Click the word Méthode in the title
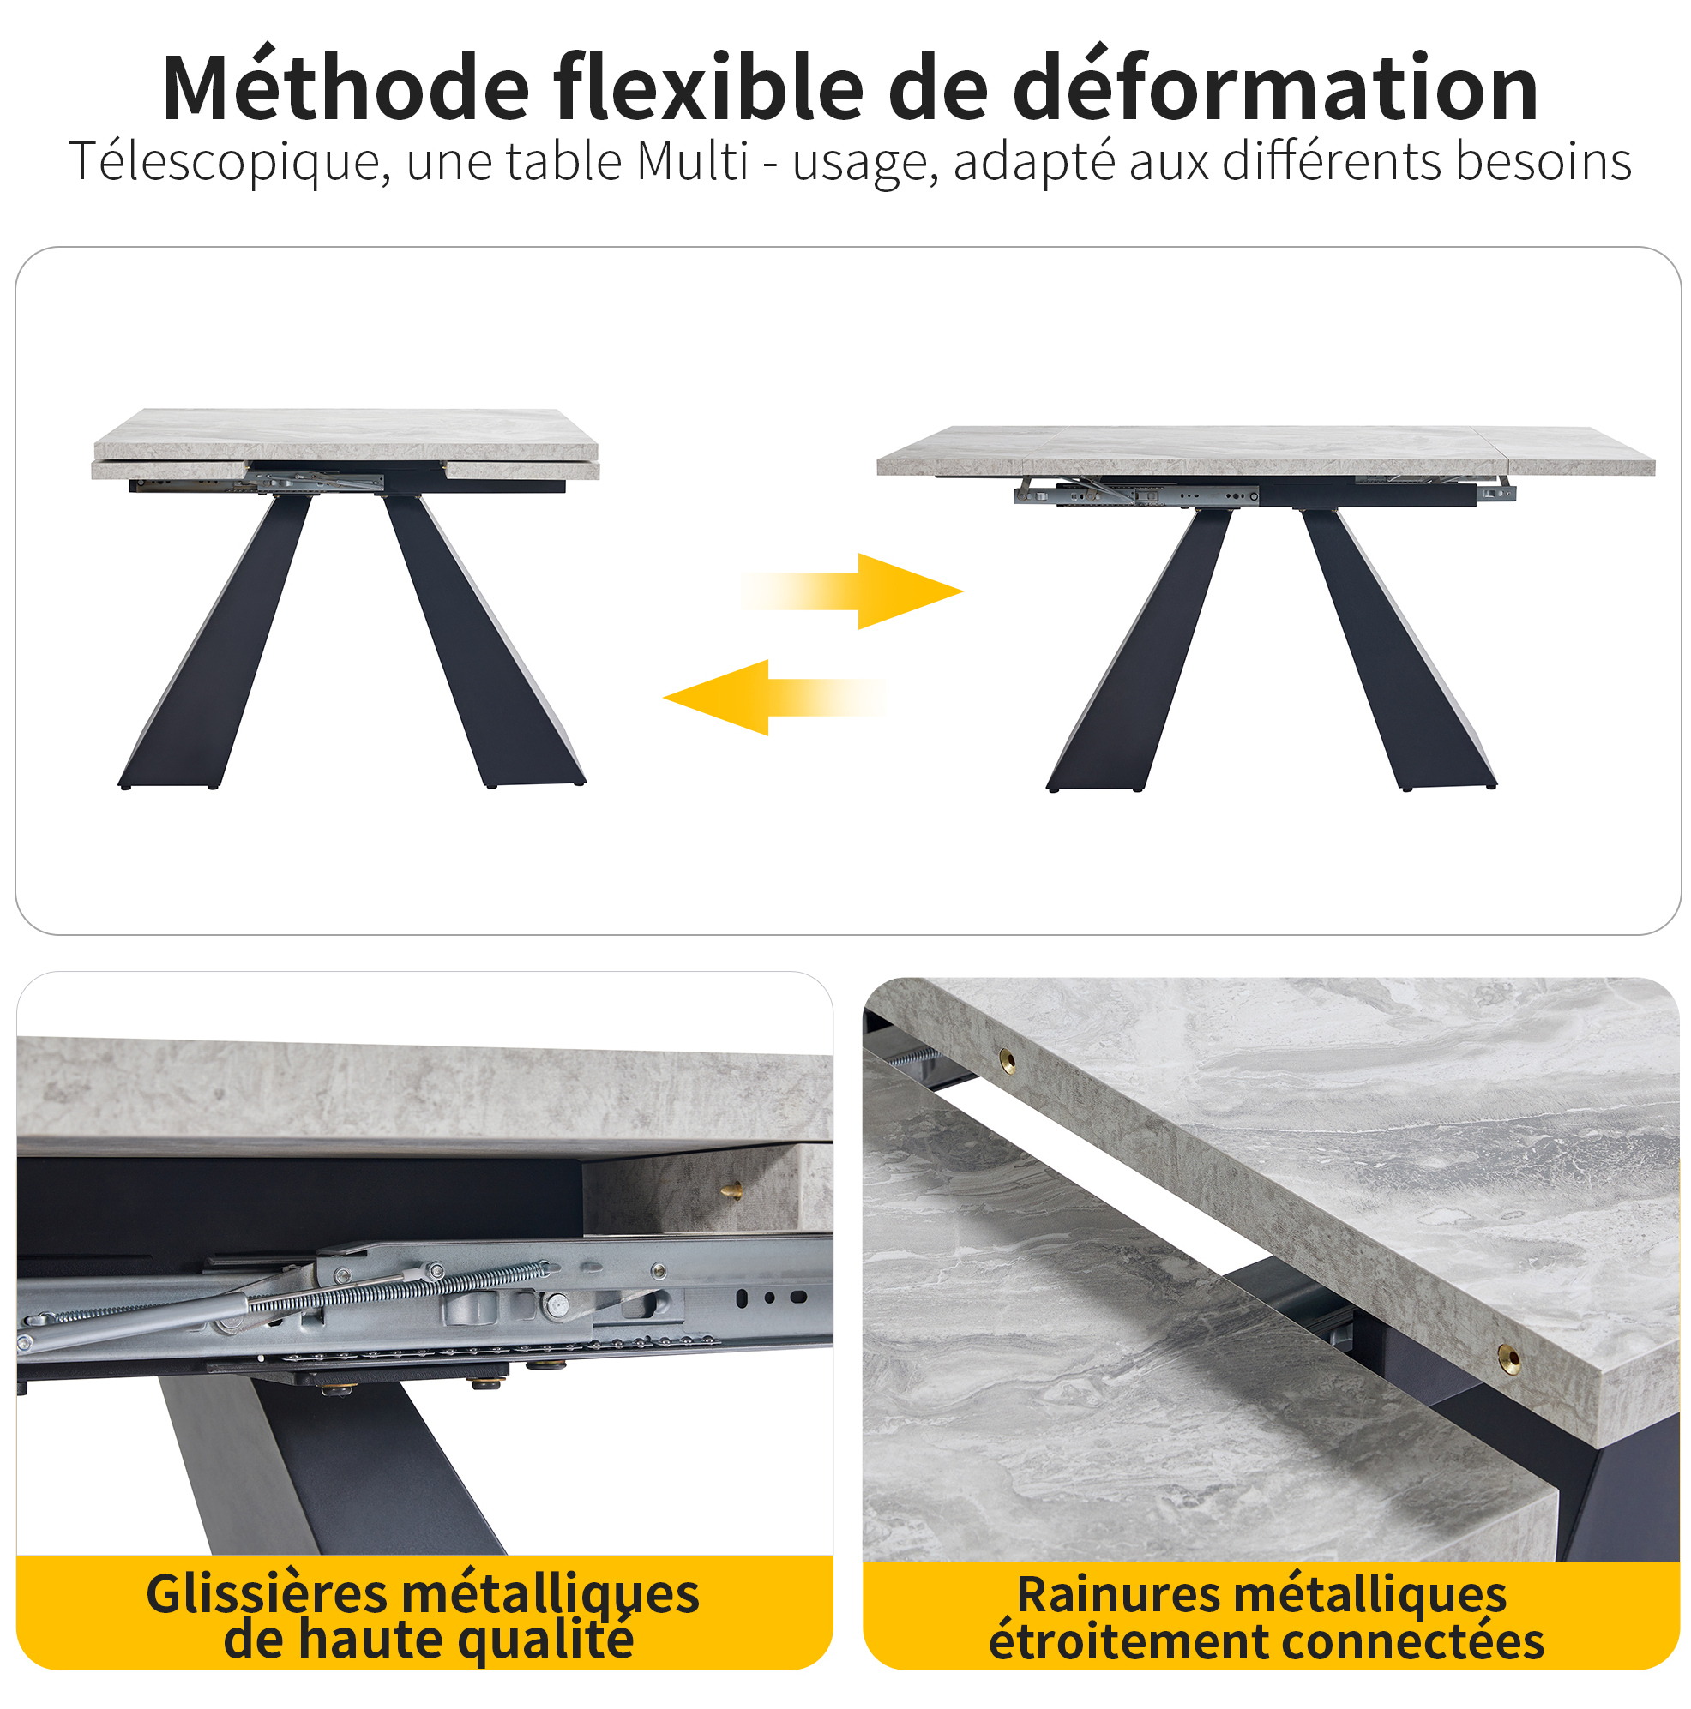(x=346, y=88)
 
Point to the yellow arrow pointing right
(x=852, y=591)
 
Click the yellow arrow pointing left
(x=773, y=697)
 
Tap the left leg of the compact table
(x=215, y=641)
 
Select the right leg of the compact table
(x=482, y=641)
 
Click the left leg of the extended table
(x=1139, y=651)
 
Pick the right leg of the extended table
(x=1398, y=651)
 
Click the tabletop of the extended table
(x=1266, y=450)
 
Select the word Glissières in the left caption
(x=267, y=1597)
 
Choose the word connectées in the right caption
(x=1412, y=1643)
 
